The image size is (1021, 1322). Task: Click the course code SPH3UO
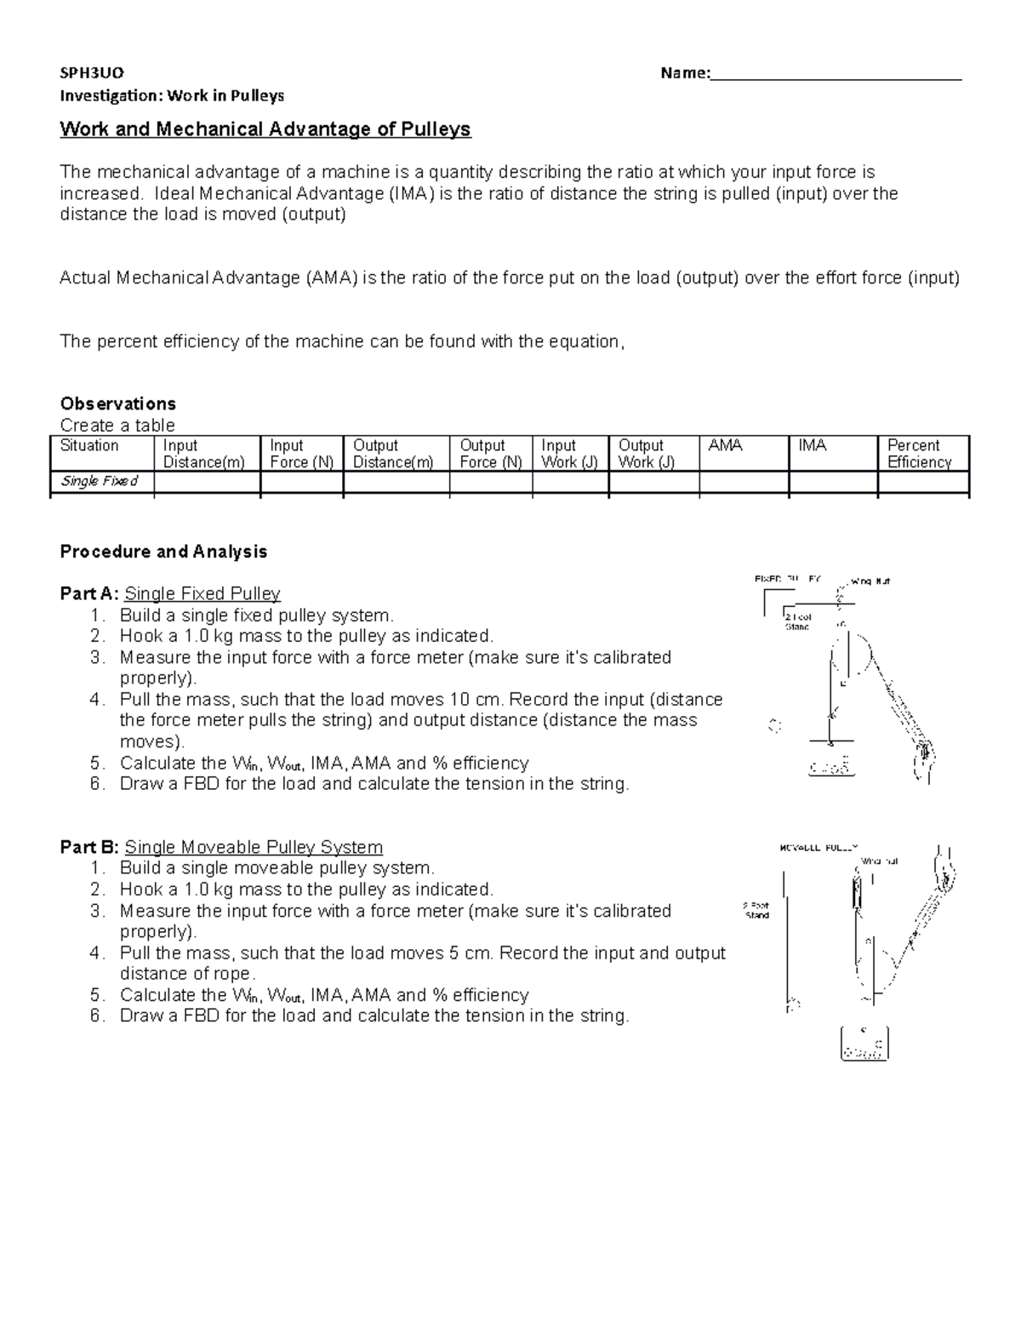click(92, 73)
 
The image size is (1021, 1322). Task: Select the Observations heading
click(117, 403)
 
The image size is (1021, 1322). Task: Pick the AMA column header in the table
click(725, 446)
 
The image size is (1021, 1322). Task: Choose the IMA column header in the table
click(813, 446)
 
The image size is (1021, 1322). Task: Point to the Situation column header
click(89, 446)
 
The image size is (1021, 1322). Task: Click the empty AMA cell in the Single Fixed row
click(744, 482)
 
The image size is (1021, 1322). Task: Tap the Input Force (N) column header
click(300, 454)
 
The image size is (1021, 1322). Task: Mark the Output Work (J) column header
click(646, 454)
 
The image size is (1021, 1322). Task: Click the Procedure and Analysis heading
click(163, 552)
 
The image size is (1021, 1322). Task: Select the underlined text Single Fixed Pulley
click(202, 594)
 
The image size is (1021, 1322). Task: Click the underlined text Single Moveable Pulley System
click(254, 848)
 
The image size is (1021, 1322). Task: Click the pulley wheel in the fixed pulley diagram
click(851, 655)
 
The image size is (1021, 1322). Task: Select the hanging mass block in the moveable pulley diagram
click(863, 1044)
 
